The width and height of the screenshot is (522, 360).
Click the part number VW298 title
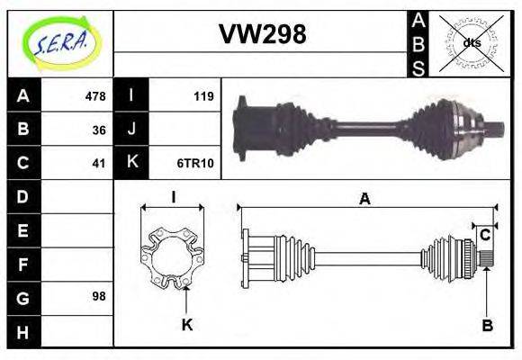[262, 34]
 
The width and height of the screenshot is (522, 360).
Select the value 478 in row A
[94, 96]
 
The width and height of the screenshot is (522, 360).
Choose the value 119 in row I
[203, 96]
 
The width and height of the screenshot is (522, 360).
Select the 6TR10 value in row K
[195, 163]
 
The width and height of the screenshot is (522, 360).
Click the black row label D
[22, 195]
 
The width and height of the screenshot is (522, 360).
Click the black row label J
[131, 130]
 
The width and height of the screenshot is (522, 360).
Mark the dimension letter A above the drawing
[364, 200]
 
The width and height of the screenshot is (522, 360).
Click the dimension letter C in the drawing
[484, 235]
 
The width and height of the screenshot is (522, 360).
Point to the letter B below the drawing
[487, 326]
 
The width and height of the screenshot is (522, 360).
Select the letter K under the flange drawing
[186, 325]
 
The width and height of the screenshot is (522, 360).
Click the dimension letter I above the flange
[172, 197]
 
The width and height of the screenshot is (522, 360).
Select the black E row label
[22, 229]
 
